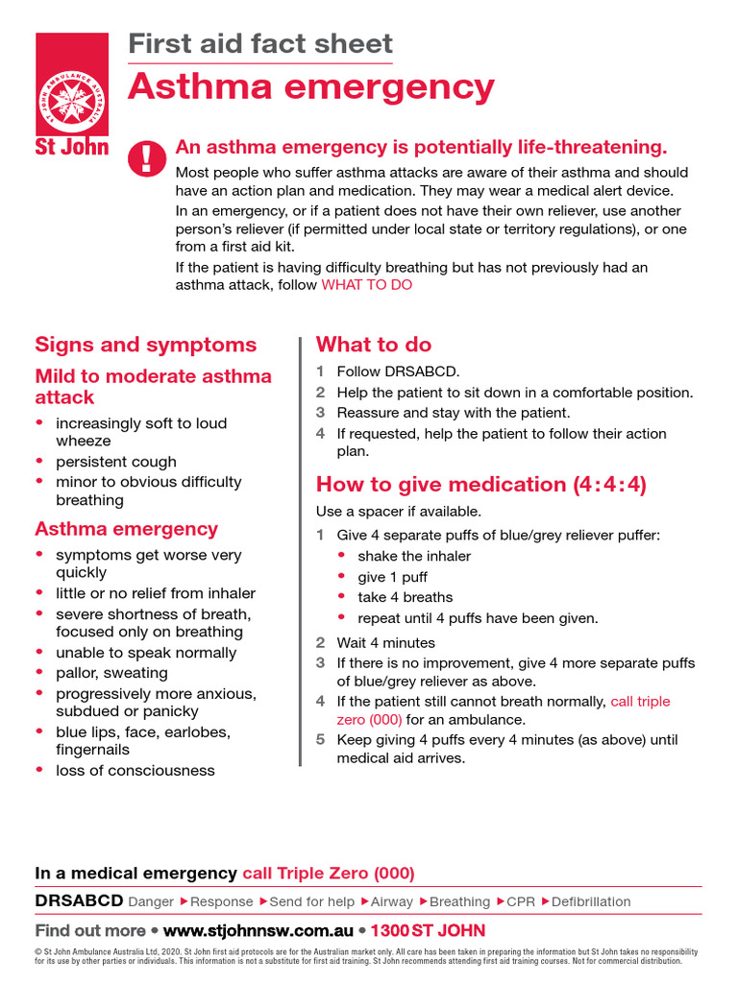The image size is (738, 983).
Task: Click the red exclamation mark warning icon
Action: (x=147, y=156)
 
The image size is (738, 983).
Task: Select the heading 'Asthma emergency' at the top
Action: (x=311, y=86)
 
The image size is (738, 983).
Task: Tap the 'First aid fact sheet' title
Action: (x=260, y=43)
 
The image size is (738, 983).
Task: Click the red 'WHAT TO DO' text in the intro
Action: (x=366, y=285)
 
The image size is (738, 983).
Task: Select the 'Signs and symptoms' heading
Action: (x=146, y=345)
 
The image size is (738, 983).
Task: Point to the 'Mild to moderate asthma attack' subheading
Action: (x=153, y=386)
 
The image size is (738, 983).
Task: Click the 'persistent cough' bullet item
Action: (x=116, y=462)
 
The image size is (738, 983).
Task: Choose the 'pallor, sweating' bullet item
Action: (x=111, y=673)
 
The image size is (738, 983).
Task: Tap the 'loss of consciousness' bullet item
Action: (x=135, y=770)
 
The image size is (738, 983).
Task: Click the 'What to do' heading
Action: (x=374, y=345)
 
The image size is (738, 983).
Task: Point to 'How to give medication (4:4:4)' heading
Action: (x=481, y=484)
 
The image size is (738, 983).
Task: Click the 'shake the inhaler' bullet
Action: (x=414, y=556)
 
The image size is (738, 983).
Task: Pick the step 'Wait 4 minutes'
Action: (x=385, y=642)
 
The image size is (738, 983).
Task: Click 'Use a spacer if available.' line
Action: (x=399, y=511)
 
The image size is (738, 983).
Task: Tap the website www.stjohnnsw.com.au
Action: (x=257, y=930)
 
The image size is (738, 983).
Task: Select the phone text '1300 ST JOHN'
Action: (x=428, y=930)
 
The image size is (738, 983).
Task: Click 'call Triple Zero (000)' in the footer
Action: (x=329, y=873)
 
